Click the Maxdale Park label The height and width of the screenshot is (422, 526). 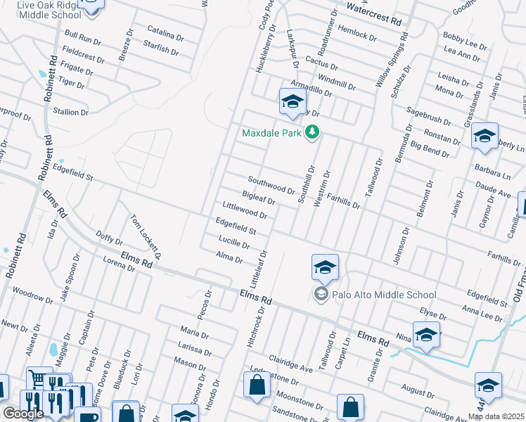coord(271,132)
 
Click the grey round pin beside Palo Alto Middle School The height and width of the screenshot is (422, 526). coord(321,294)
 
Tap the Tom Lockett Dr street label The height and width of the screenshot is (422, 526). coord(146,236)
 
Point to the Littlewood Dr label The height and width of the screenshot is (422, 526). coord(245,210)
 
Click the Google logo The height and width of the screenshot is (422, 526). coord(23,414)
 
